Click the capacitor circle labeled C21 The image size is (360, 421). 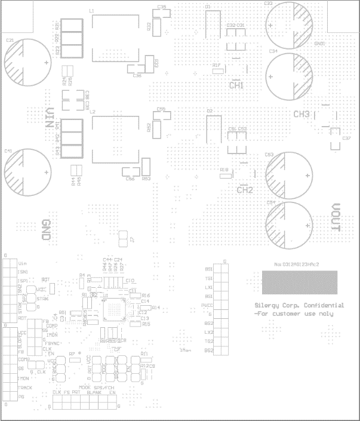pyautogui.click(x=27, y=62)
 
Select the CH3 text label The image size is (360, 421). pyautogui.click(x=301, y=114)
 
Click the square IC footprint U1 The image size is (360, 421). pyautogui.click(x=113, y=309)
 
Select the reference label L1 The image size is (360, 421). pyautogui.click(x=91, y=11)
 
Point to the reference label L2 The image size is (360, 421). pyautogui.click(x=91, y=112)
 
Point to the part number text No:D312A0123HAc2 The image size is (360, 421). pyautogui.click(x=297, y=263)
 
